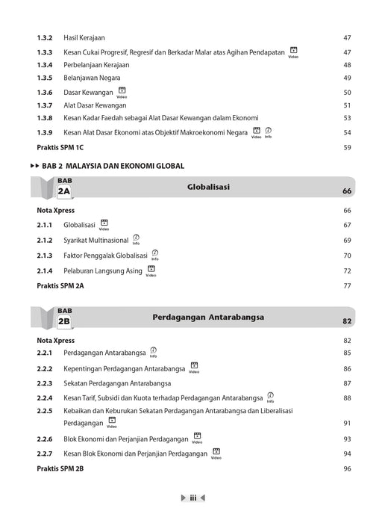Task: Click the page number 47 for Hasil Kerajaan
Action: coord(347,37)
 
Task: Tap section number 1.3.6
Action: coord(44,92)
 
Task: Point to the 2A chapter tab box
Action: coord(63,191)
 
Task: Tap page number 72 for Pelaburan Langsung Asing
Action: coord(347,270)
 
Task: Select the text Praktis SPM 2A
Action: coord(61,285)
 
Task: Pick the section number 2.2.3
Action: coord(44,383)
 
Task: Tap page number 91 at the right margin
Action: coord(347,424)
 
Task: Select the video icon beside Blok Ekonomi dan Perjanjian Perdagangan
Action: coord(196,436)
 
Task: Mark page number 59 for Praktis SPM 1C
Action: coord(347,147)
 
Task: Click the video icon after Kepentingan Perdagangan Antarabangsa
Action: coord(193,367)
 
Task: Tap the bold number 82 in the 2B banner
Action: coord(346,321)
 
